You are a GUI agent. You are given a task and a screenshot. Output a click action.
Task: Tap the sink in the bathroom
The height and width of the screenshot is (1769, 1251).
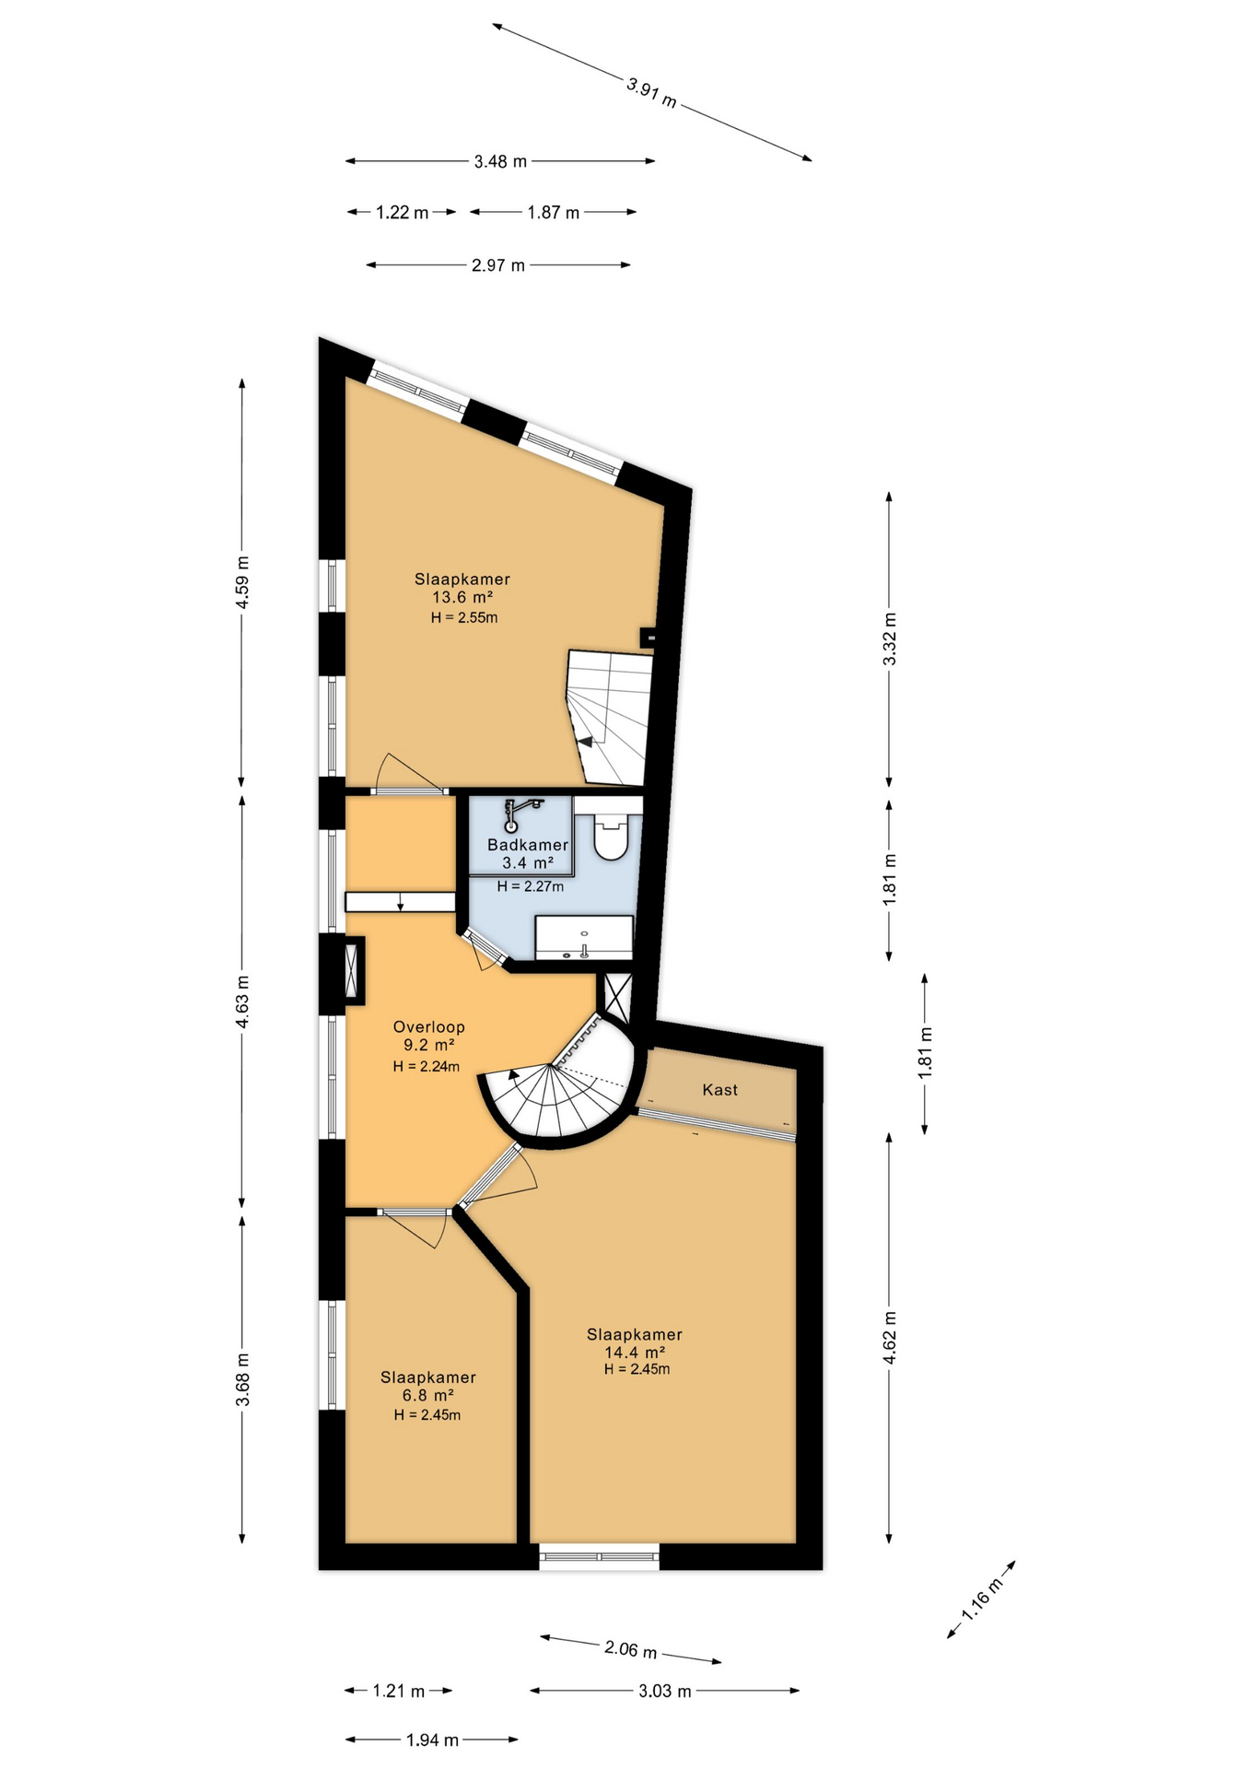pos(584,938)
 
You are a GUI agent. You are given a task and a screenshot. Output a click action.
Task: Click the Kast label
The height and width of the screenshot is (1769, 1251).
pos(719,1090)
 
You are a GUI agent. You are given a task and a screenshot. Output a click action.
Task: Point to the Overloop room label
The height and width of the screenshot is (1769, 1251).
pos(428,1026)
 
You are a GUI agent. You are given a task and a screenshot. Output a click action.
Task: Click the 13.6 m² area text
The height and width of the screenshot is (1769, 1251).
pos(462,597)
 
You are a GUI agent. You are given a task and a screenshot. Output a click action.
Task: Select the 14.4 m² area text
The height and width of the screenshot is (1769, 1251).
pos(635,1352)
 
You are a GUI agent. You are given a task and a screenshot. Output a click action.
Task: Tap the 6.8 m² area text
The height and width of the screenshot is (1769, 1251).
pos(428,1395)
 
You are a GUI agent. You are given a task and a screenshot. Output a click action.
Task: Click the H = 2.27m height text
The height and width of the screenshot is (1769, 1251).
pos(530,886)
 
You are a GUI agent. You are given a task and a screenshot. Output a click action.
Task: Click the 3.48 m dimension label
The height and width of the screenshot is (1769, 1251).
pos(500,161)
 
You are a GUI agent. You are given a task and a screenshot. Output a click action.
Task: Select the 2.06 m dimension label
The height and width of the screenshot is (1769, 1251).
pos(631,1649)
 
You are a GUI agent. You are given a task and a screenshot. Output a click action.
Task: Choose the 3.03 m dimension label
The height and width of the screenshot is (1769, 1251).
pos(664,1691)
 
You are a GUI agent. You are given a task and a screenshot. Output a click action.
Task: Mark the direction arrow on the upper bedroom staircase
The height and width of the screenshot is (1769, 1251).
pos(586,742)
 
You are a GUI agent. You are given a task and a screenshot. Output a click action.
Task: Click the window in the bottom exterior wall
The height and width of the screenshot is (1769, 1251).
pos(600,1556)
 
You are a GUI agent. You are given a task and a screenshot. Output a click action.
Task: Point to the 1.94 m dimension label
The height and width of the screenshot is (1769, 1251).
pos(432,1740)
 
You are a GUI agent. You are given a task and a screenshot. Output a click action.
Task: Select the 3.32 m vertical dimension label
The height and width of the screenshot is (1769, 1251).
pos(889,638)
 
